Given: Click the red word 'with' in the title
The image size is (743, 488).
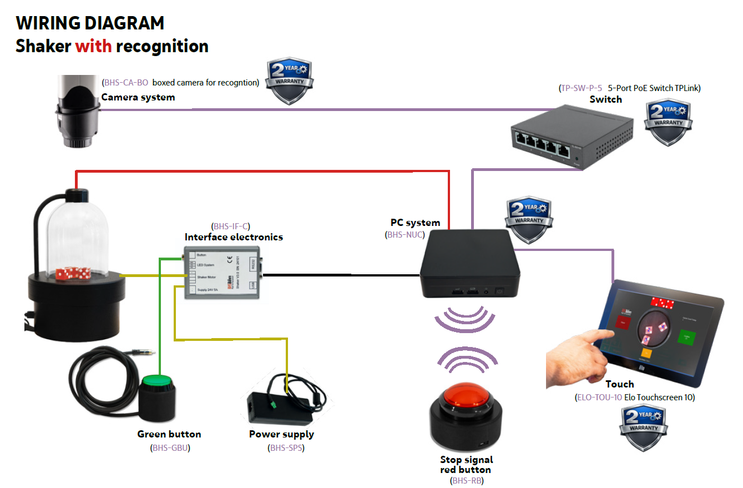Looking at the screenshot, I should click(94, 46).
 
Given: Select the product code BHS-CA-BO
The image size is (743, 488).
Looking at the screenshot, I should click(126, 83).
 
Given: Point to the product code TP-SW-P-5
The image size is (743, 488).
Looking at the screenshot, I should click(582, 88).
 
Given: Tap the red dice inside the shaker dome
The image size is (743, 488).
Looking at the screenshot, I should click(73, 274).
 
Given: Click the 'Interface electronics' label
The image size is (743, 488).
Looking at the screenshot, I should click(234, 237).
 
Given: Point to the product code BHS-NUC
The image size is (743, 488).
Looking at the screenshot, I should click(405, 235).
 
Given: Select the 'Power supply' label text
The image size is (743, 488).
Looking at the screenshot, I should click(281, 434).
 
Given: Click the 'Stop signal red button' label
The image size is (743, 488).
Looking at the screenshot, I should click(466, 465).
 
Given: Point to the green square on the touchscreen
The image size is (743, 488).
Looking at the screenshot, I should click(686, 336).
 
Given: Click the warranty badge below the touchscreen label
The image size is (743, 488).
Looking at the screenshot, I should click(643, 427).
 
